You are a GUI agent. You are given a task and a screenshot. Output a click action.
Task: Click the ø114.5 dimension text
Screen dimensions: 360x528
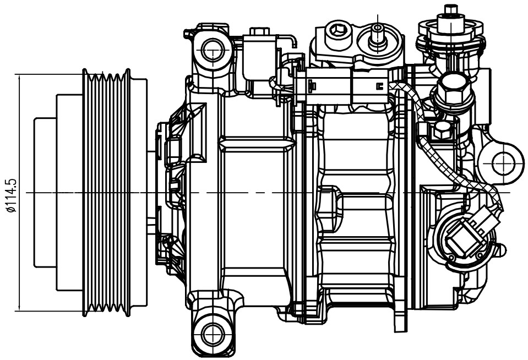pyautogui.click(x=11, y=194)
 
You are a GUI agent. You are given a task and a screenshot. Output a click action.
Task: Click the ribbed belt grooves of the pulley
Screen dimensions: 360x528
pyautogui.click(x=106, y=193)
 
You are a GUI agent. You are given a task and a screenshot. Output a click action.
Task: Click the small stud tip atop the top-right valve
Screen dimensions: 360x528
pyautogui.click(x=451, y=9)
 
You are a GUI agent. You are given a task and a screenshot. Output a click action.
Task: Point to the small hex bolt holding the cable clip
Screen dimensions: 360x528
pyautogui.click(x=443, y=130)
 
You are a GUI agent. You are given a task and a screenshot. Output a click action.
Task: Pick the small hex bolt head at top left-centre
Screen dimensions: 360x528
pyautogui.click(x=259, y=33)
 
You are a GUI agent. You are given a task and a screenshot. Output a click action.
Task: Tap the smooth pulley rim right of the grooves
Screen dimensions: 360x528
pyautogui.click(x=139, y=193)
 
